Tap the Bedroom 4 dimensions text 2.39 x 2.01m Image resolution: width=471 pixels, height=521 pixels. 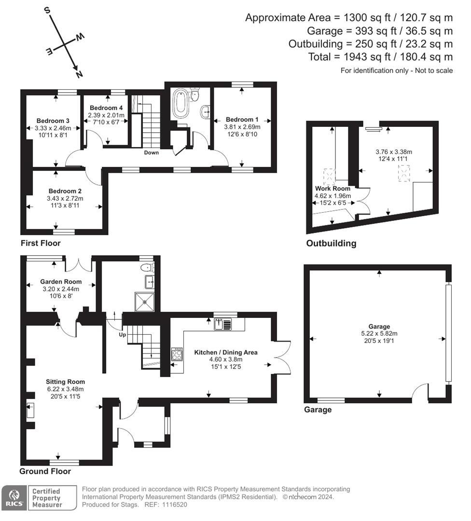tap(106, 115)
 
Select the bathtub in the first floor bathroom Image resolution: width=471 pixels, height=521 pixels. tap(180, 103)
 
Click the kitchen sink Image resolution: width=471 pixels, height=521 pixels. tap(222, 324)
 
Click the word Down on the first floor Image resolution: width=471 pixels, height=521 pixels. tap(151, 152)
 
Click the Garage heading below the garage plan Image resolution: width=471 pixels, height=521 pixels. tap(318, 410)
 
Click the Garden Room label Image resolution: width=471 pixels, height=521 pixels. tap(61, 282)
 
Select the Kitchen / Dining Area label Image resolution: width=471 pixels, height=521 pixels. tap(226, 352)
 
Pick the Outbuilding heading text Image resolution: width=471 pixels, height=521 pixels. tap(331, 243)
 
